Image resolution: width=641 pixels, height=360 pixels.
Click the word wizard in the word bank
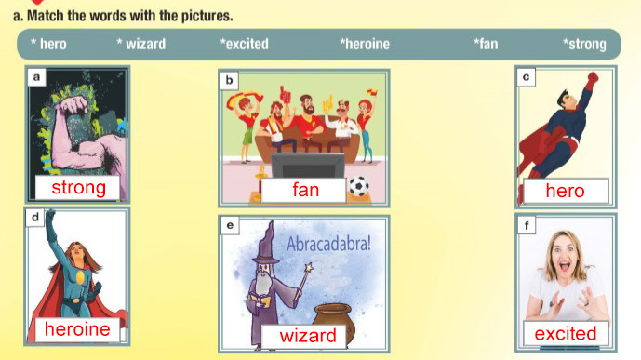[x=145, y=44]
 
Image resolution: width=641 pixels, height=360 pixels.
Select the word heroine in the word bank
[x=367, y=44]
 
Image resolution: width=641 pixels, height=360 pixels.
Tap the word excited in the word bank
[x=247, y=44]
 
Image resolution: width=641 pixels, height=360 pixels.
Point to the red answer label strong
[x=78, y=188]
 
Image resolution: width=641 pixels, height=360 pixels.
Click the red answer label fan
[x=305, y=190]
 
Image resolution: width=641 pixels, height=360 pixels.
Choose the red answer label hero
[x=566, y=191]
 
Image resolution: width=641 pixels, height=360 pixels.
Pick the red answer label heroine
[x=77, y=329]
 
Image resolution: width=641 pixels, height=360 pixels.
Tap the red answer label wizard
[x=307, y=336]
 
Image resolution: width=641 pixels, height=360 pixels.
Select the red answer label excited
[x=566, y=334]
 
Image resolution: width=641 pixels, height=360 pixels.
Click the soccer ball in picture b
[x=359, y=186]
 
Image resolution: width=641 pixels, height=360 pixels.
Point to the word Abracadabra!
[x=328, y=244]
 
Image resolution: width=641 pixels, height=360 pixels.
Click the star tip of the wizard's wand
[x=308, y=268]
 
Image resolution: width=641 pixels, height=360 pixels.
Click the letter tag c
[x=527, y=77]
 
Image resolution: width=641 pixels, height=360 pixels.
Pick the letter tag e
[x=230, y=225]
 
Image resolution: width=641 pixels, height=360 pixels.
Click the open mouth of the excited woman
[x=565, y=267]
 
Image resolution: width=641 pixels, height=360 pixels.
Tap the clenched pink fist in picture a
[x=73, y=104]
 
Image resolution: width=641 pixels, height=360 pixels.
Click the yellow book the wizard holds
[x=260, y=300]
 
